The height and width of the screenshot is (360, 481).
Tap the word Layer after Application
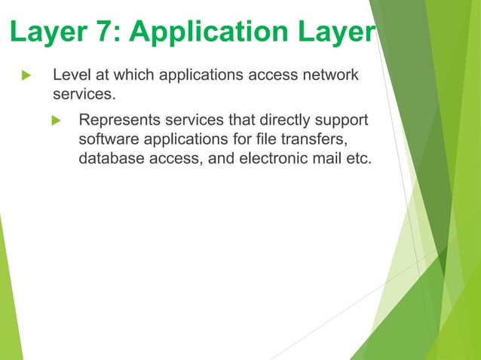(336, 33)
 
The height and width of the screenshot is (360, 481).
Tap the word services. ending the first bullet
(81, 96)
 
